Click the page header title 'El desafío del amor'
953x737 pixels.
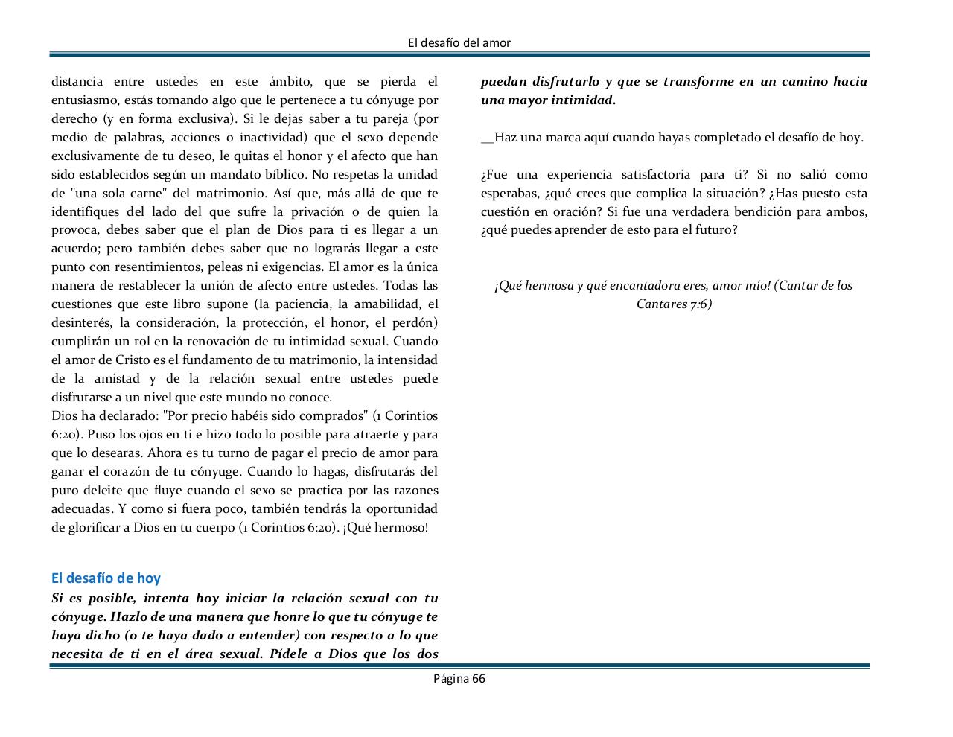pos(459,43)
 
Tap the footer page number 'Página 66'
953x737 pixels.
pos(459,678)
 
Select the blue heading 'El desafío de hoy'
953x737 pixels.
pos(106,578)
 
